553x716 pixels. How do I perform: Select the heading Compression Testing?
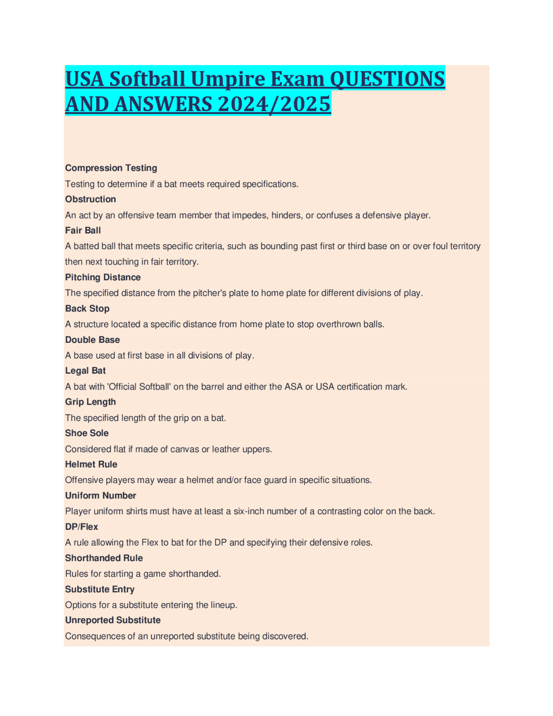click(111, 168)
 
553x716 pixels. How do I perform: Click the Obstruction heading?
click(90, 199)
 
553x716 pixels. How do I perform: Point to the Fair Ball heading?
click(83, 230)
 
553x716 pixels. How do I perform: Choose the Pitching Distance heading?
click(103, 277)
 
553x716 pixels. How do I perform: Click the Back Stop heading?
click(87, 308)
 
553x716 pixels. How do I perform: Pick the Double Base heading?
click(92, 340)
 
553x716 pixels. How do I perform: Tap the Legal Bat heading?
click(85, 371)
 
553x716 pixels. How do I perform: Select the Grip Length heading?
click(90, 402)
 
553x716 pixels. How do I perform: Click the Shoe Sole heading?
click(87, 433)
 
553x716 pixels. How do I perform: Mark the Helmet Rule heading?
click(91, 464)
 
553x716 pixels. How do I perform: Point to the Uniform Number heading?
click(100, 495)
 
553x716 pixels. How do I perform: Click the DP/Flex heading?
click(82, 527)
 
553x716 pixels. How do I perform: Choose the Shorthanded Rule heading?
click(104, 558)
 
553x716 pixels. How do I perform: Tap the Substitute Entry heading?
click(100, 589)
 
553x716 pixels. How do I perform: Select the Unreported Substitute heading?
click(113, 620)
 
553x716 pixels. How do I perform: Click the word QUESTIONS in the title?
click(387, 79)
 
